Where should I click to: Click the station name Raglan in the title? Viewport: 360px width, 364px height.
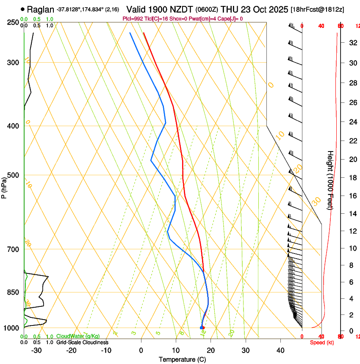(x=41, y=9)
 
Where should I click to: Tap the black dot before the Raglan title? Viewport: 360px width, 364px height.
(x=22, y=9)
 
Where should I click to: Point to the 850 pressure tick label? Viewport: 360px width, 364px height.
(x=13, y=292)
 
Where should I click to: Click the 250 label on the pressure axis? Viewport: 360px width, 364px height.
(x=13, y=22)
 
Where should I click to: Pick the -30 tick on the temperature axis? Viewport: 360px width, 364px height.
(x=36, y=350)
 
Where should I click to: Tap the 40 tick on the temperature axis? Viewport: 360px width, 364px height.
(x=280, y=350)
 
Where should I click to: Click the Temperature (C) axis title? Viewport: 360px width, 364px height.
(x=182, y=360)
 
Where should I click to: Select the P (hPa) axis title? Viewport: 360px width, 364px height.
(x=4, y=187)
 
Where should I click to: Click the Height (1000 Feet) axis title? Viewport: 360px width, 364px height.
(x=330, y=180)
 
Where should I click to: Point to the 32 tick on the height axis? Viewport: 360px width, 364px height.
(x=352, y=42)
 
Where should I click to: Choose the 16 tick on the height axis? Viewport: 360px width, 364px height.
(x=352, y=196)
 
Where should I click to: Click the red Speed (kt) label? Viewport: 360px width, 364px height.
(x=322, y=342)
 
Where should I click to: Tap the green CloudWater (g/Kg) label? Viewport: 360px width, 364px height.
(x=78, y=336)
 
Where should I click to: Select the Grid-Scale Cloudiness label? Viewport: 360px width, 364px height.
(x=82, y=342)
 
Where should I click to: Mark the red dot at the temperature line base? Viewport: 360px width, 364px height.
(x=203, y=328)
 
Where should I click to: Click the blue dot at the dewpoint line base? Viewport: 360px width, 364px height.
(x=201, y=328)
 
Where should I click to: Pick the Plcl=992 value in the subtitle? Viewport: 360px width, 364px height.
(x=133, y=19)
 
